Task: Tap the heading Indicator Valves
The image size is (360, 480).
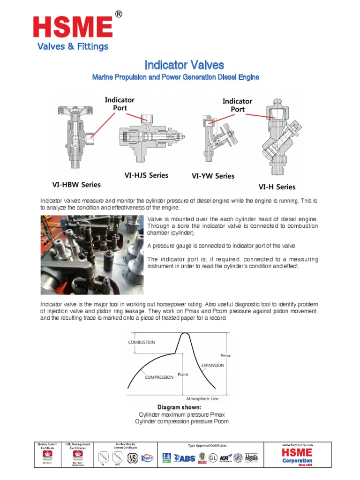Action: (x=184, y=65)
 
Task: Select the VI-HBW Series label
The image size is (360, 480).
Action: (x=76, y=184)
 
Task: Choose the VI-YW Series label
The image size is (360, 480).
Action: (x=213, y=176)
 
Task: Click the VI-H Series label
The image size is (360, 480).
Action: (x=277, y=187)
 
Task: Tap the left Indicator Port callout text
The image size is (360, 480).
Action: (x=120, y=104)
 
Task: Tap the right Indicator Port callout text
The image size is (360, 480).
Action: (x=237, y=105)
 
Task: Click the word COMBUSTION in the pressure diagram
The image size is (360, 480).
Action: (x=142, y=342)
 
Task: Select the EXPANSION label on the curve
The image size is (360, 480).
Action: (x=212, y=365)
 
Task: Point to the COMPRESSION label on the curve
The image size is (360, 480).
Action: (x=159, y=377)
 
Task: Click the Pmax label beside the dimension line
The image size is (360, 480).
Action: (x=225, y=356)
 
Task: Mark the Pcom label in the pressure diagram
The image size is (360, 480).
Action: (x=183, y=375)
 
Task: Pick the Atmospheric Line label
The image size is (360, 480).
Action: (x=202, y=398)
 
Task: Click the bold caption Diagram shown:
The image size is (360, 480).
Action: (x=180, y=408)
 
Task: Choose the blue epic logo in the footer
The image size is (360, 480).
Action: (x=148, y=457)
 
